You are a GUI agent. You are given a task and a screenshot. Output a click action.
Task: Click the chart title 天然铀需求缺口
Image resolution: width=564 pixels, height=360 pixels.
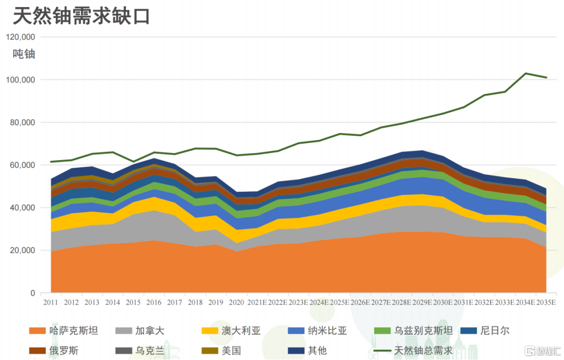[81, 16]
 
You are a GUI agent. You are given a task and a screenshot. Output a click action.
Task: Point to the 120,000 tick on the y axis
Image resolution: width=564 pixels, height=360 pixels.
[20, 37]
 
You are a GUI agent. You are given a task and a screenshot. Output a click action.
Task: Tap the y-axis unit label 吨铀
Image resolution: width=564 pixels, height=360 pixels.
[24, 54]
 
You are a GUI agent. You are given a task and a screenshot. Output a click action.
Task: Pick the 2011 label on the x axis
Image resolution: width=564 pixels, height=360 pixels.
[51, 302]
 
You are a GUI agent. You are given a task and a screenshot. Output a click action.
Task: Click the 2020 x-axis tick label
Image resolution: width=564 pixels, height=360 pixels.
[236, 302]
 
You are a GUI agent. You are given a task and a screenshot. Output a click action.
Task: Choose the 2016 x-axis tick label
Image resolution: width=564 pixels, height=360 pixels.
[154, 302]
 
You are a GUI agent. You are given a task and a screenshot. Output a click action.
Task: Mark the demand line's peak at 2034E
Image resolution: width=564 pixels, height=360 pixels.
[525, 73]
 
